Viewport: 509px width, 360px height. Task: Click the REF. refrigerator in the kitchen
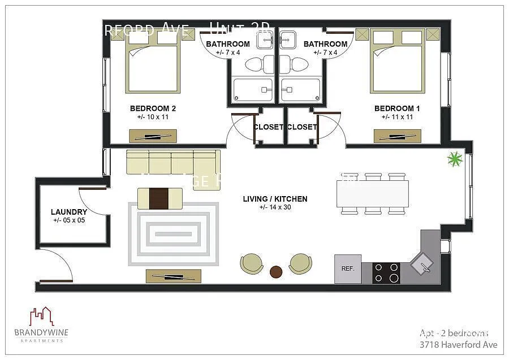coord(348,268)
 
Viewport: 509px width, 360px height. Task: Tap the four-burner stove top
coord(386,272)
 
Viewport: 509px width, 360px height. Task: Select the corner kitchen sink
coord(421,262)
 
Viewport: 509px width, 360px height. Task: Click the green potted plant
coord(455,159)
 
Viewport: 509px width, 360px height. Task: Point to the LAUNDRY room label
coord(69,212)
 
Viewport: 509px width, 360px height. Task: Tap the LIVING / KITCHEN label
coord(275,199)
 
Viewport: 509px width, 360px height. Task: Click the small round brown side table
coord(276,272)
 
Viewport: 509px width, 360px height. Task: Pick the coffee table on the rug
coord(160,198)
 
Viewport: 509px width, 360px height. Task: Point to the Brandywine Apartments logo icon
coord(41,317)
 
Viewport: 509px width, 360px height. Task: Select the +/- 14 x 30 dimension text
coord(275,207)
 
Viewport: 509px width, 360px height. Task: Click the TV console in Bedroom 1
coord(397,136)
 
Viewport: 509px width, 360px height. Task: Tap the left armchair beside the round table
coord(251,264)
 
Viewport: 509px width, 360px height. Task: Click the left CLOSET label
coord(268,127)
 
